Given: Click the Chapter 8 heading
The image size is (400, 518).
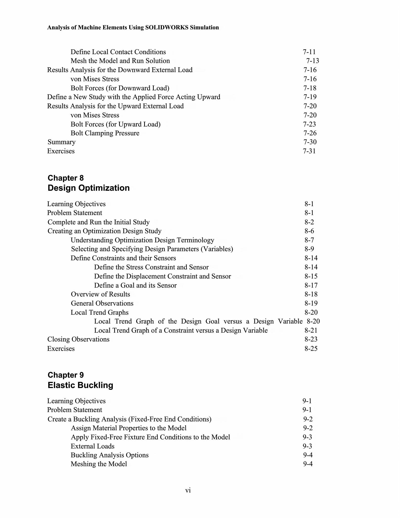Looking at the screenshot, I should [x=65, y=178].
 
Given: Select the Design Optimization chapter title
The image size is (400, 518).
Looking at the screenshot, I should [x=88, y=188].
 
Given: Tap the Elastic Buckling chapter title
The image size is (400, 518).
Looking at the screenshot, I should [x=80, y=385].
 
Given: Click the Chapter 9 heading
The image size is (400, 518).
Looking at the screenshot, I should [x=65, y=375].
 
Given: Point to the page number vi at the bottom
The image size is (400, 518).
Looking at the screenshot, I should [x=188, y=490].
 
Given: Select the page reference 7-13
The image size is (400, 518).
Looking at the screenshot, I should [x=313, y=61].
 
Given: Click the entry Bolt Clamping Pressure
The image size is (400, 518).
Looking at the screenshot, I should [x=105, y=133].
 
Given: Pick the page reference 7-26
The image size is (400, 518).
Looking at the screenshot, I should [x=310, y=133].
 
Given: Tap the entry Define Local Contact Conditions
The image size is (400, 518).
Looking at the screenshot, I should [x=118, y=52].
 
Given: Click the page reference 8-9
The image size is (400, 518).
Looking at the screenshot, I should [x=309, y=249].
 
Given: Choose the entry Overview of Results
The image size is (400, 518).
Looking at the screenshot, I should [x=100, y=294].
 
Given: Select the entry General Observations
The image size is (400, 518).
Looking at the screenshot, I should [x=102, y=304].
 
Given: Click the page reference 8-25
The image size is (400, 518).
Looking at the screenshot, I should [x=311, y=349].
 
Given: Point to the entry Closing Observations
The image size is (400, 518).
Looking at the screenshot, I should [x=78, y=339].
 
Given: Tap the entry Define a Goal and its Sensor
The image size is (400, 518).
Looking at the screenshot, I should [x=135, y=286].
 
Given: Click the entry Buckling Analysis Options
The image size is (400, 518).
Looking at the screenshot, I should [x=109, y=455].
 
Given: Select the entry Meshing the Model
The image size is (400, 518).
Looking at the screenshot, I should [x=99, y=464].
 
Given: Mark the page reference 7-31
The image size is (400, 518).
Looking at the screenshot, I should [x=309, y=151].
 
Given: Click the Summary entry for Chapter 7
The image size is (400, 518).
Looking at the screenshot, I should [x=61, y=142].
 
